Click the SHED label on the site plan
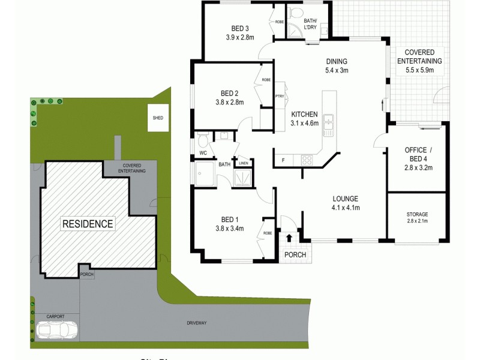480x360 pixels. pos(158,118)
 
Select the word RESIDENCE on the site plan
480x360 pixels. pos(88,224)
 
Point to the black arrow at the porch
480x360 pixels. pos(289,238)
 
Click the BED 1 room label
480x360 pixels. pos(230,219)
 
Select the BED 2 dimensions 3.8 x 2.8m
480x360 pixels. pos(230,103)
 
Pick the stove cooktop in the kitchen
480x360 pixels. pos(306,160)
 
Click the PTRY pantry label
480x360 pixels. pos(279,97)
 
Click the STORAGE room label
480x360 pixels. pos(418,214)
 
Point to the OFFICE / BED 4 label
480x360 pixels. pos(416,149)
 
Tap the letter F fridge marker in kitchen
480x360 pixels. pos(283,160)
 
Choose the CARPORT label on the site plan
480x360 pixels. pos(55,316)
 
